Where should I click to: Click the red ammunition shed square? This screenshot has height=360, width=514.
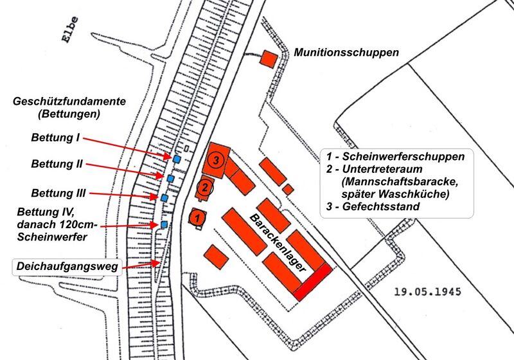tap(269, 59)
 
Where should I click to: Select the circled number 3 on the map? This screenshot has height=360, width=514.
tap(217, 159)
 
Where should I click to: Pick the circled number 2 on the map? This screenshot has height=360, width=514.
tap(204, 188)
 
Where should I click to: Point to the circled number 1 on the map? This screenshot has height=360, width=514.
tap(198, 217)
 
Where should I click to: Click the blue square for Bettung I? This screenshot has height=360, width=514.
tap(176, 158)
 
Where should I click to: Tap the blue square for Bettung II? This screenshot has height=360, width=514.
tap(171, 177)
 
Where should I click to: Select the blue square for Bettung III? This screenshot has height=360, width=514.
tap(164, 198)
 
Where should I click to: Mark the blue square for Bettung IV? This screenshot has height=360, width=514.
tap(164, 224)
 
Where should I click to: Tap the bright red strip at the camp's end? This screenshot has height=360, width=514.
tap(314, 282)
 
